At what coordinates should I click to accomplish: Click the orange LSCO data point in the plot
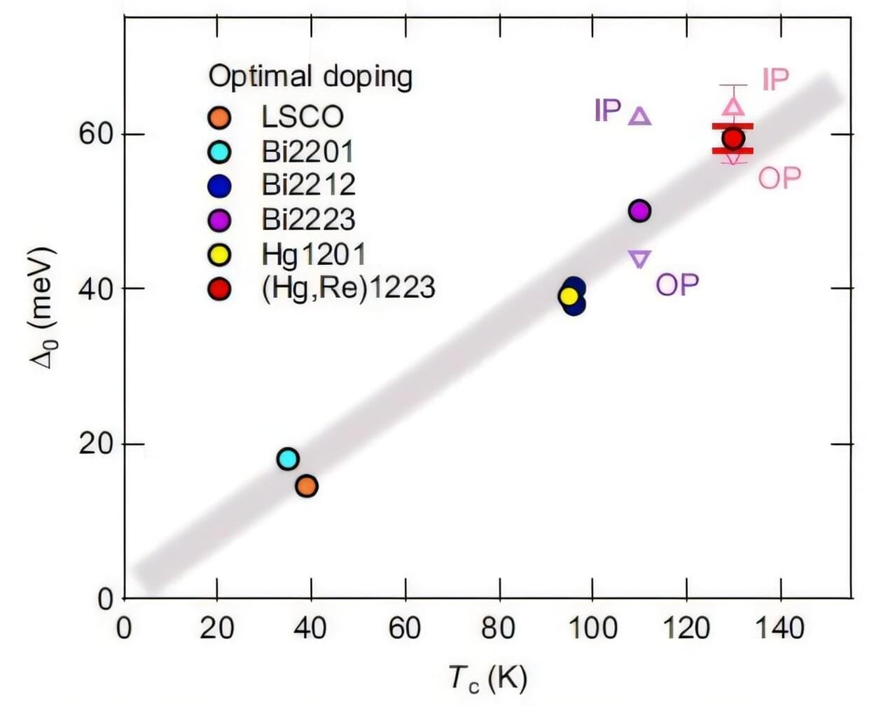[x=307, y=485]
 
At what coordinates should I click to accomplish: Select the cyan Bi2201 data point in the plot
[x=288, y=459]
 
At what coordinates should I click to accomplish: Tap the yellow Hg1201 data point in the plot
[x=569, y=296]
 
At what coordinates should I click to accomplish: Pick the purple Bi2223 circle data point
[x=639, y=210]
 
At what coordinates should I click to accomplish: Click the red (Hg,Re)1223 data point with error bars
[x=733, y=138]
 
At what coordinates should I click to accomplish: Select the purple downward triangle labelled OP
[x=639, y=258]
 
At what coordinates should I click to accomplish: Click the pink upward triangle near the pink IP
[x=733, y=106]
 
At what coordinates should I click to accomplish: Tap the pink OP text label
[x=779, y=178]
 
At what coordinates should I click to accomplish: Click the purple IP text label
[x=607, y=110]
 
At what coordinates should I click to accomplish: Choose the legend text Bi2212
[x=309, y=184]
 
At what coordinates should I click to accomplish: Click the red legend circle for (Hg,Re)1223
[x=220, y=289]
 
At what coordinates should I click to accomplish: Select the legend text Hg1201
[x=313, y=254]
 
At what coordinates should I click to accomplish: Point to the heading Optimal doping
[x=310, y=76]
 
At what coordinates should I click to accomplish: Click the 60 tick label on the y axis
[x=96, y=133]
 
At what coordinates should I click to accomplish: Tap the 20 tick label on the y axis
[x=96, y=443]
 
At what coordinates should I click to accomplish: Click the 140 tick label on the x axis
[x=779, y=628]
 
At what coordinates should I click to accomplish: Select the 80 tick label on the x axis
[x=499, y=628]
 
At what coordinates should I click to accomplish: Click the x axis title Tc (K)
[x=487, y=679]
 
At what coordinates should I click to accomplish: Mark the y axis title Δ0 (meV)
[x=43, y=308]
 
